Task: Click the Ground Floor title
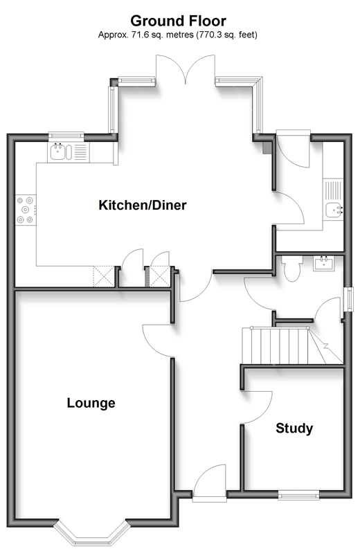coord(178,21)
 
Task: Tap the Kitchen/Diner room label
coord(143,205)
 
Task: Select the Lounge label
coord(91,403)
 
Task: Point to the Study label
coord(294,428)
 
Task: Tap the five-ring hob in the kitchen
coord(26,210)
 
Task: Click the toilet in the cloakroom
coord(292,268)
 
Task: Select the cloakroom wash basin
coord(324,263)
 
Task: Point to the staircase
coord(291,346)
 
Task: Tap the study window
coord(299,496)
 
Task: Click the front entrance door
coord(209,481)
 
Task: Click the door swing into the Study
coord(257,407)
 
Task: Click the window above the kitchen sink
coord(66,135)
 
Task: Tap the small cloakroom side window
coord(349,299)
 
